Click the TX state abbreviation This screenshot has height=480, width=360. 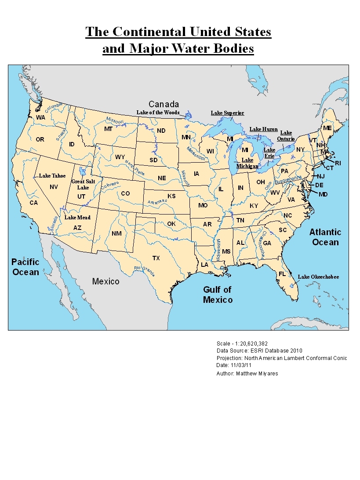(x=156, y=258)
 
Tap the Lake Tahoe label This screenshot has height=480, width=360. (x=52, y=176)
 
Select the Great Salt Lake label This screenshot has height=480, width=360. (x=84, y=184)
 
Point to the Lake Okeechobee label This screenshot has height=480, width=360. (x=319, y=277)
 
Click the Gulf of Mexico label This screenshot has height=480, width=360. (x=218, y=295)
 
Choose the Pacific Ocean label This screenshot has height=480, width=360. (x=25, y=267)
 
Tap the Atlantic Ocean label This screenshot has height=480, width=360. (x=325, y=237)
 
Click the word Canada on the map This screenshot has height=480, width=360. (x=164, y=104)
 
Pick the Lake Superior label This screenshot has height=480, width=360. (x=227, y=113)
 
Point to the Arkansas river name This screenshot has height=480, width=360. (x=157, y=201)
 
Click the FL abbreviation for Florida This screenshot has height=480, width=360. (x=282, y=274)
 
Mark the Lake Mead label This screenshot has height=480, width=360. (x=77, y=218)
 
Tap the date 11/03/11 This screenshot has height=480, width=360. (x=241, y=365)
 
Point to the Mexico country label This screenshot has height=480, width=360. (x=105, y=281)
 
